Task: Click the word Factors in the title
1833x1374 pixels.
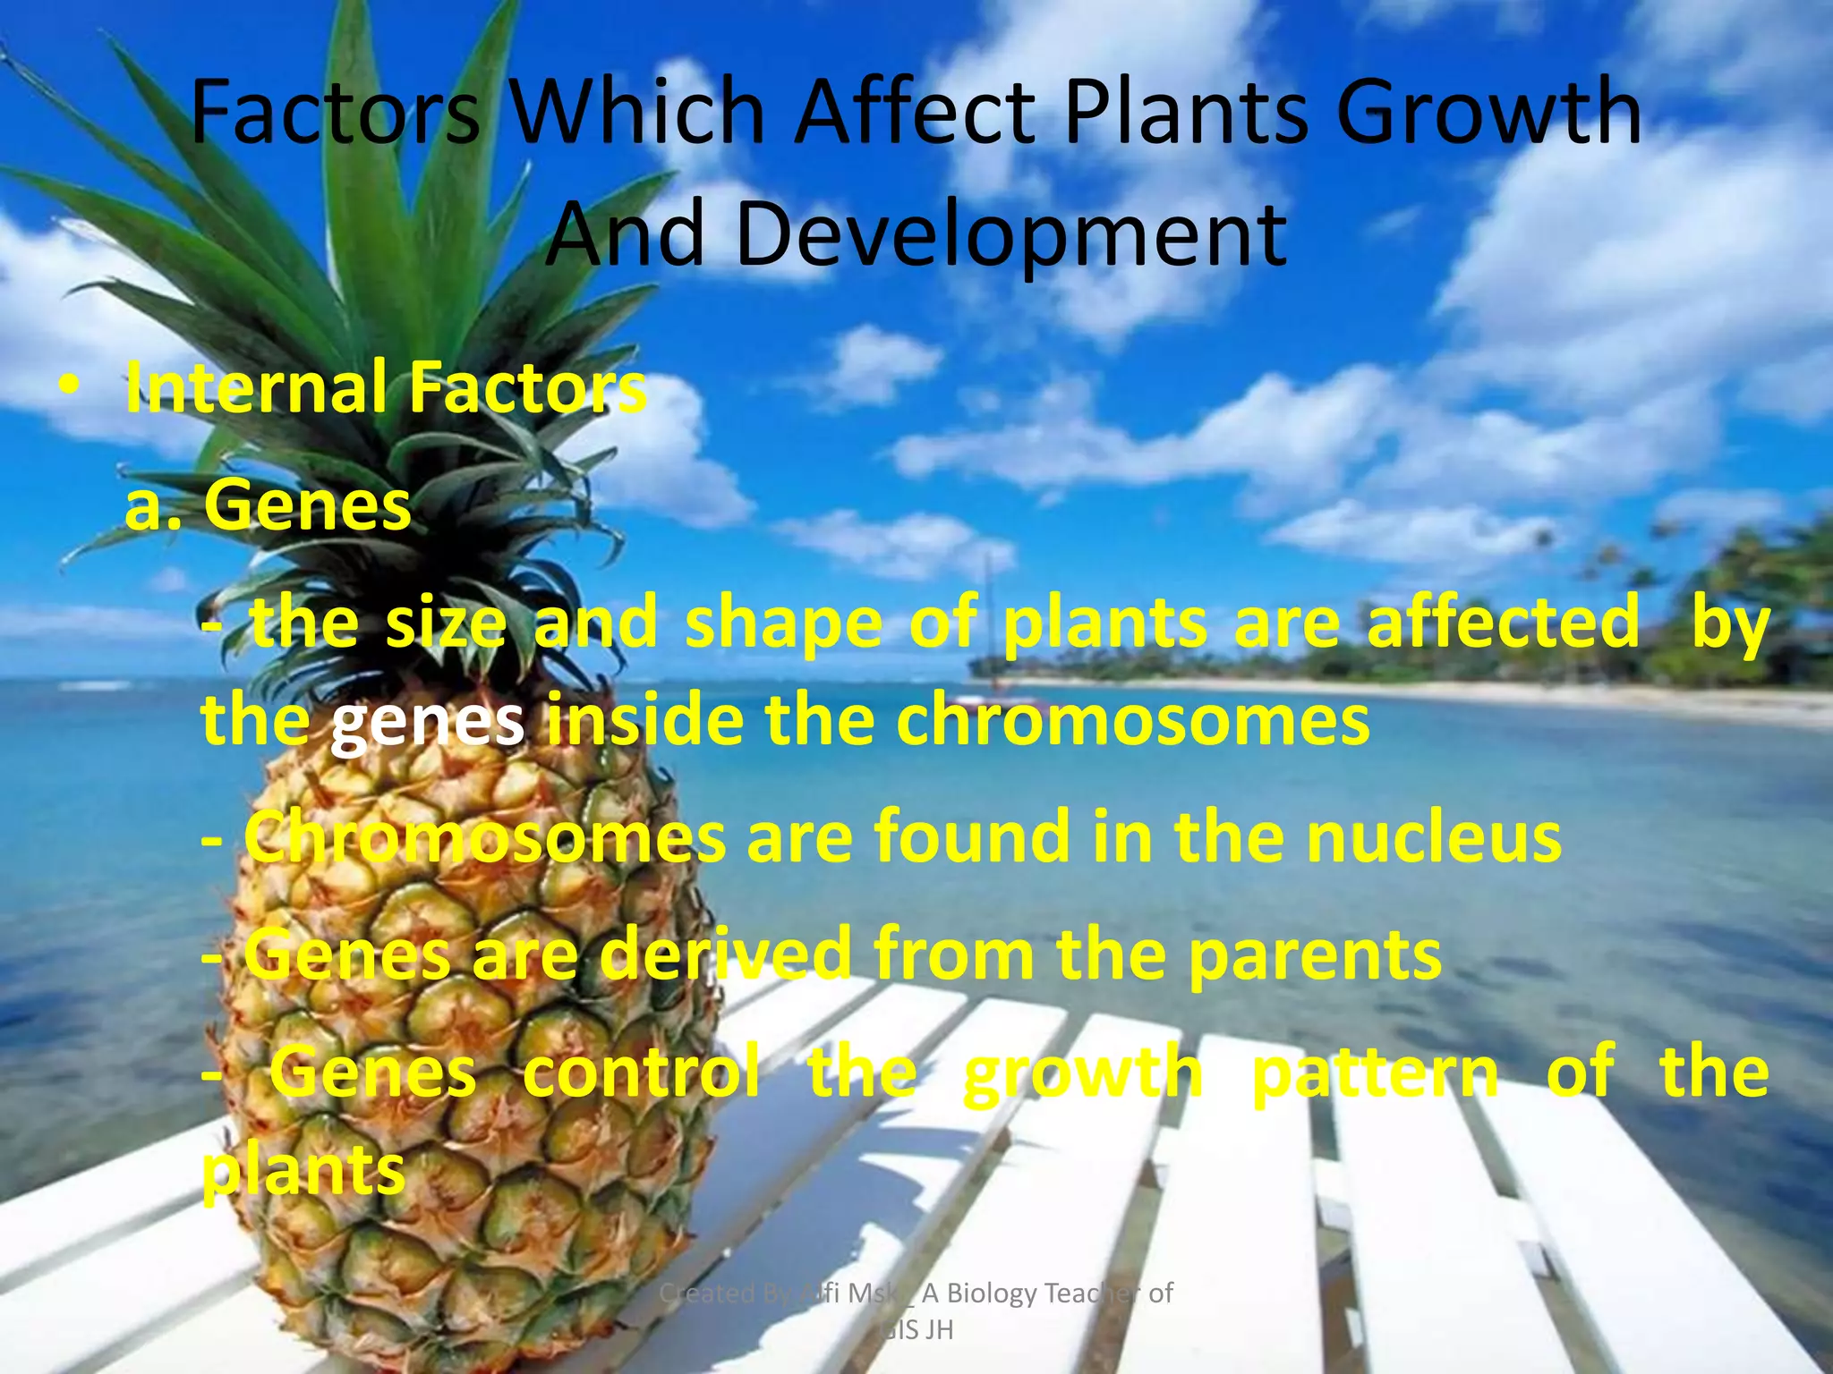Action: coord(336,112)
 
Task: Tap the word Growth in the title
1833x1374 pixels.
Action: coord(1489,112)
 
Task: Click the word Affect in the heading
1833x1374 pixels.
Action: coord(916,112)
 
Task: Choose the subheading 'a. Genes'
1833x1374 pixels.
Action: coord(268,505)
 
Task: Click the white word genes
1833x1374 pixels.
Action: coord(427,721)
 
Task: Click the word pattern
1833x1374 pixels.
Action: coord(1374,1073)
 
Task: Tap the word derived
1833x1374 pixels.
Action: coord(725,954)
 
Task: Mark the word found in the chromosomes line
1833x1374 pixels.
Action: coord(971,836)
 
